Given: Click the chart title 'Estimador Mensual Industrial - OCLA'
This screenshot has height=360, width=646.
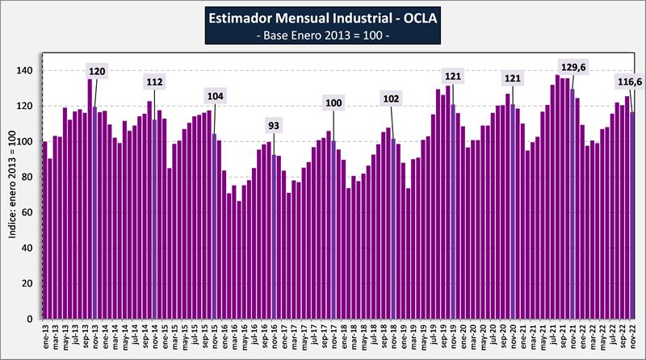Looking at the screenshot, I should [323, 17].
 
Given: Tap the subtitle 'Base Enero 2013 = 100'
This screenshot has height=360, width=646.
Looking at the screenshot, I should [323, 36].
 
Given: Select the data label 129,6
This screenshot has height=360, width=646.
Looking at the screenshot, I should [574, 66].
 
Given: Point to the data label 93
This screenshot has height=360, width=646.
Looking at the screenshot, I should [275, 125].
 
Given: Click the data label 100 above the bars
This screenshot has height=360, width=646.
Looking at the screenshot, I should [333, 103].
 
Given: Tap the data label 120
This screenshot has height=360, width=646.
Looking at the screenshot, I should [97, 71].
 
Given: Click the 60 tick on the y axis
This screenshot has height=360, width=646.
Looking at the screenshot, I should [27, 213].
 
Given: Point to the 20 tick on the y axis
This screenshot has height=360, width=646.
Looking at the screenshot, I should [27, 284].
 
